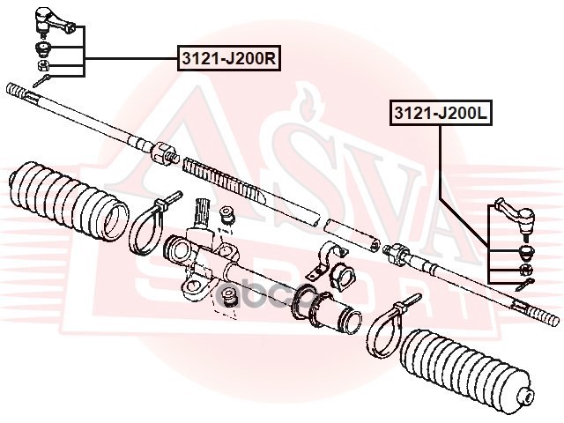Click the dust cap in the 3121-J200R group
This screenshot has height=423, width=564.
pos(42,46)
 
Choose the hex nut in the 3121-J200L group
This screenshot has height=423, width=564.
pos(523,268)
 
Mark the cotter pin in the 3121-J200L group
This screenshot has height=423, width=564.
pos(523,283)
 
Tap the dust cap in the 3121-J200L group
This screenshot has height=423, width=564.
pos(523,251)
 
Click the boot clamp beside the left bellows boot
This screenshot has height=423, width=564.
pos(150,225)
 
